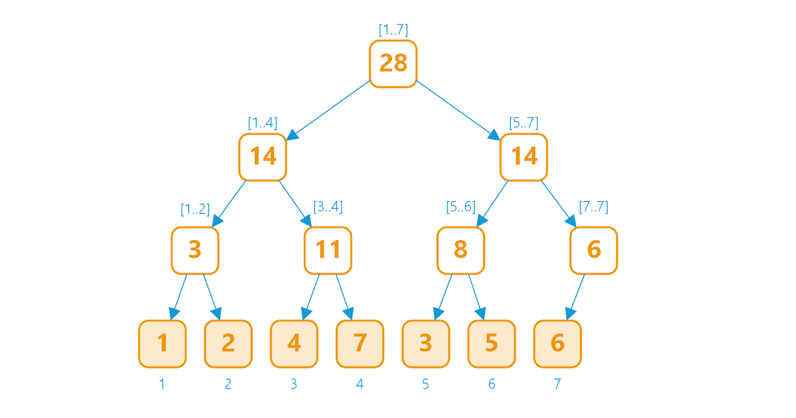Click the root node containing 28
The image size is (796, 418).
tap(393, 64)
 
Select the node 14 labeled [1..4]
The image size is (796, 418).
tap(263, 157)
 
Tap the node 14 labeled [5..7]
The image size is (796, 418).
tap(524, 157)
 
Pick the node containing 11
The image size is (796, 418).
tap(328, 251)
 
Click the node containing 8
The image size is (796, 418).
tap(460, 251)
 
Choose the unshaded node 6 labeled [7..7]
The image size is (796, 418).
tap(594, 251)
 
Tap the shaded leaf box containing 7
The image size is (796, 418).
tap(360, 344)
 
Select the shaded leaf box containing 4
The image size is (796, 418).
tap(294, 344)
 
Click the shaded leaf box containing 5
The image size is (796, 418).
tap(492, 344)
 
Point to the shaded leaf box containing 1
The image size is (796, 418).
tap(163, 344)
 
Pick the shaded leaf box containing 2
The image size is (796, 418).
tap(228, 344)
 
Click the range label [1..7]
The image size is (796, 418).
tap(393, 30)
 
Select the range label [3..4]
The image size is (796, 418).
tap(328, 206)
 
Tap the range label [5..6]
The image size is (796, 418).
tap(461, 206)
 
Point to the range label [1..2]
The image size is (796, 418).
tap(195, 209)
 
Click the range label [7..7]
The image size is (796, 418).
tap(594, 206)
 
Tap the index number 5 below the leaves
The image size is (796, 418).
tap(426, 384)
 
